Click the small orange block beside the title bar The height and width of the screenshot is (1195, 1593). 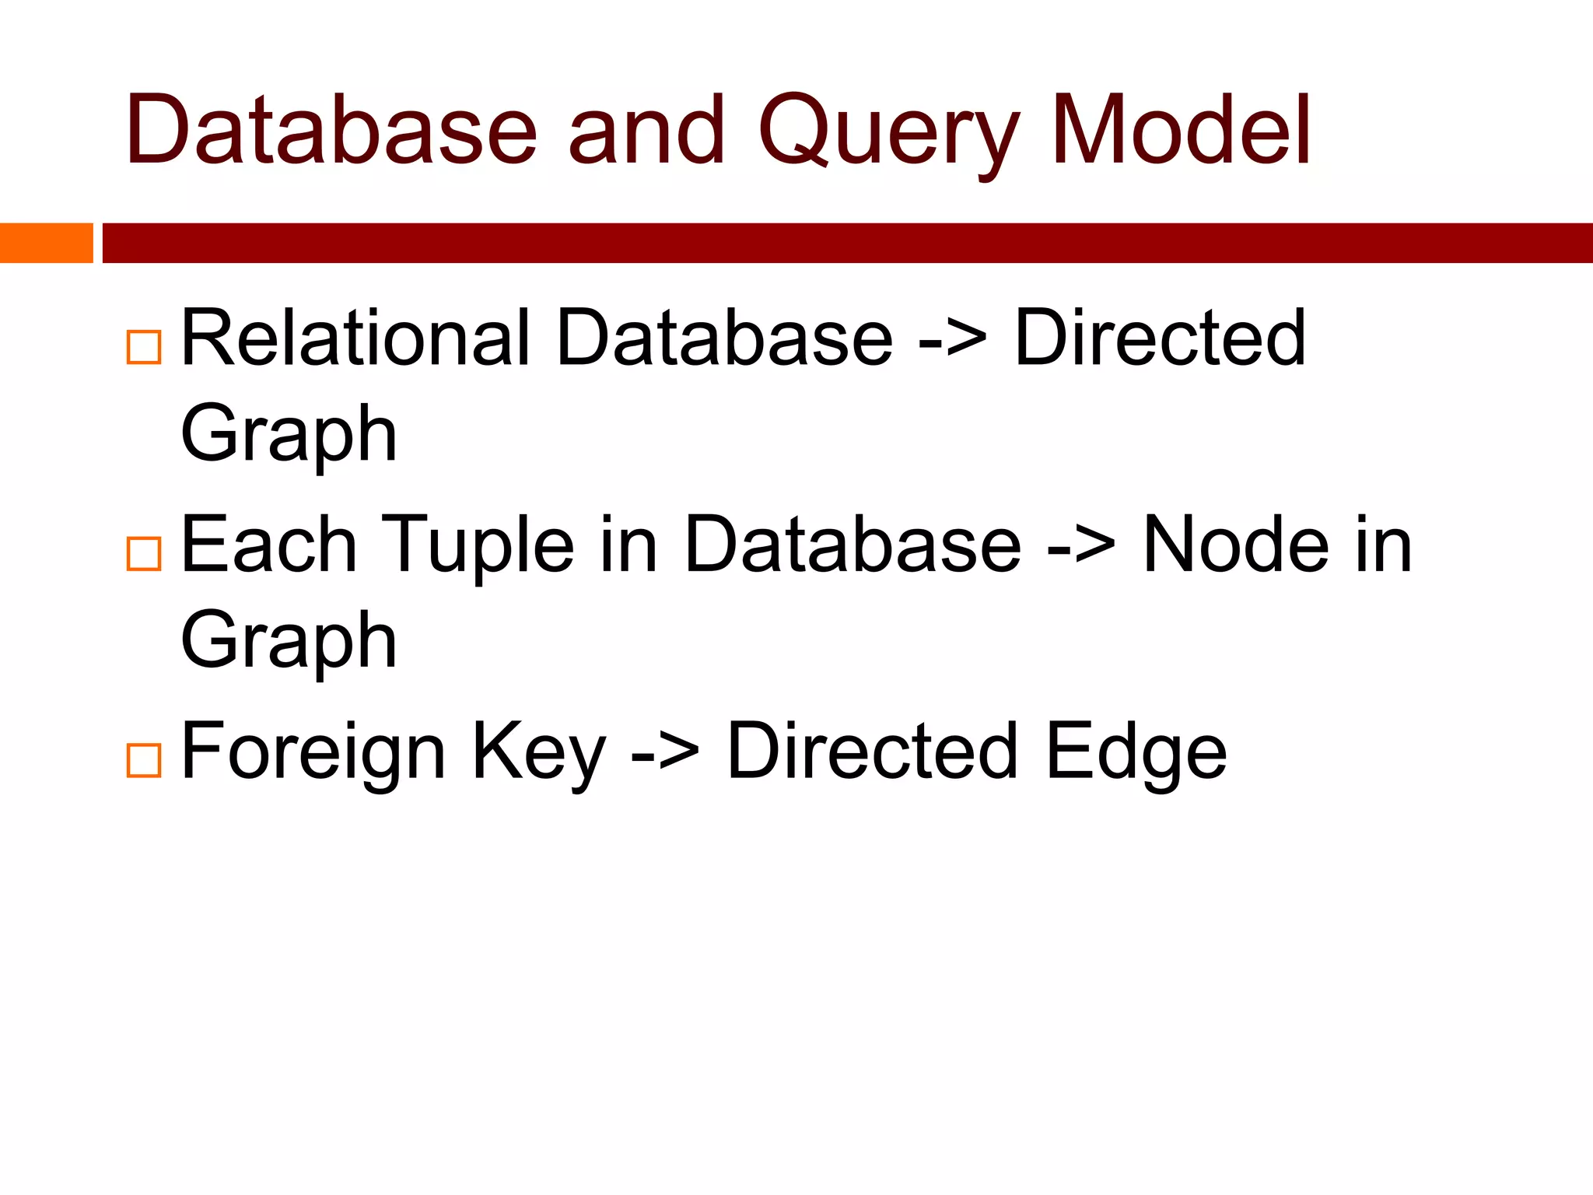46,243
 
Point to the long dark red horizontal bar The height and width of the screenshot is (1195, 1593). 847,243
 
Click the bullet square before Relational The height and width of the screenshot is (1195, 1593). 144,347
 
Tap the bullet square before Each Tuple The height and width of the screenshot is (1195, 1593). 144,554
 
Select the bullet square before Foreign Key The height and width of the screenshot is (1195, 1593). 144,760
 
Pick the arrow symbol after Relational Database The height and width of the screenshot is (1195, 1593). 953,340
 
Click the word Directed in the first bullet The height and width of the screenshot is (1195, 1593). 1160,338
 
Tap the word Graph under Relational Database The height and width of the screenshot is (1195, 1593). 289,436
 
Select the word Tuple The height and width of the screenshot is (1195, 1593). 478,545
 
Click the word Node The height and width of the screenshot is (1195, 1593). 1236,545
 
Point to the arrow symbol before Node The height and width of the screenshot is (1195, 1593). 1081,546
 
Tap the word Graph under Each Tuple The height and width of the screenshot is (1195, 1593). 289,643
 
